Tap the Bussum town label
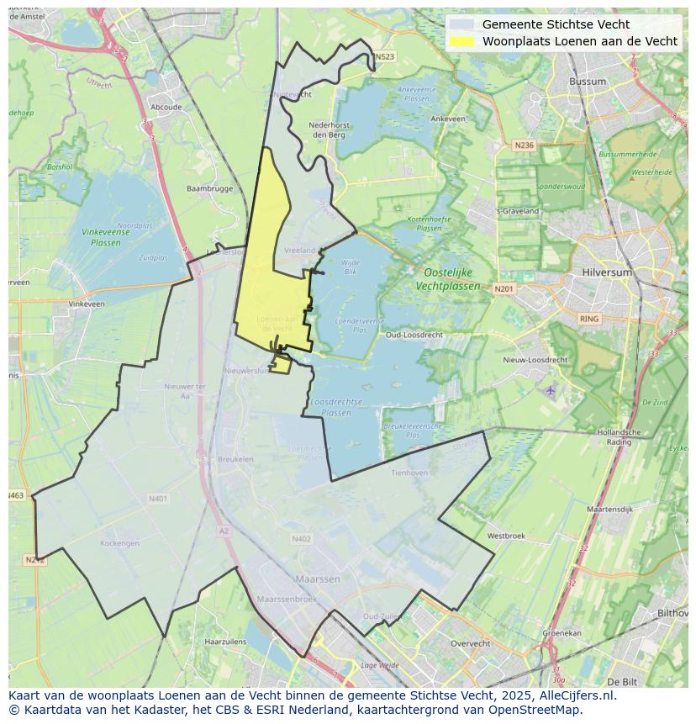[x=587, y=82]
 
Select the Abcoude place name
[x=166, y=108]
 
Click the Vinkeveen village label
[x=87, y=304]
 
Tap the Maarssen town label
[x=318, y=579]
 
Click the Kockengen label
[x=119, y=543]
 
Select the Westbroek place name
[x=506, y=536]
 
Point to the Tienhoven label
[x=409, y=473]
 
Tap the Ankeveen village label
[x=448, y=119]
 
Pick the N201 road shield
[x=504, y=289]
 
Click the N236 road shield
[x=524, y=145]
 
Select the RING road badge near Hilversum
[x=589, y=319]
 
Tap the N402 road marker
[x=301, y=539]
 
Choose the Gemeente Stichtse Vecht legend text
[x=556, y=24]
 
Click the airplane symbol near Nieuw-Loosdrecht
[x=551, y=390]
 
